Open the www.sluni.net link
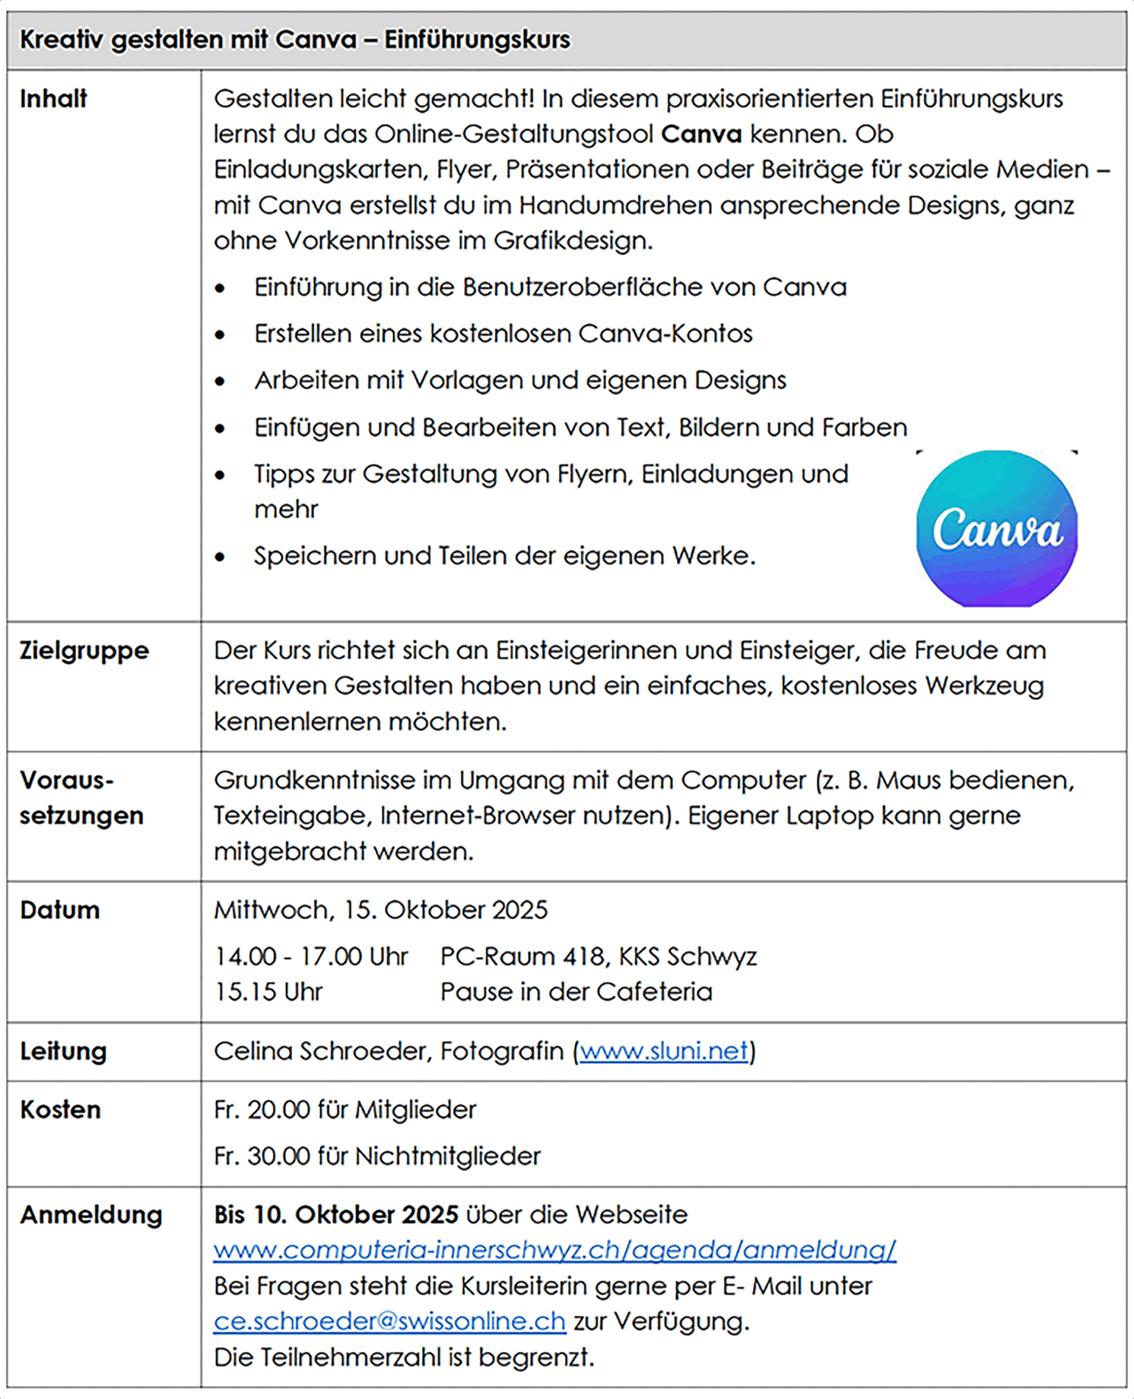664,1051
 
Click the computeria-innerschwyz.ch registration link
554,1250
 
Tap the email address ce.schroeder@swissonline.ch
389,1321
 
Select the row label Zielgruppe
84,651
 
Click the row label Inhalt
53,99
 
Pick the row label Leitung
63,1051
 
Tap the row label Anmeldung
91,1215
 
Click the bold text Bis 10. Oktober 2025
336,1215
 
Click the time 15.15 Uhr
268,992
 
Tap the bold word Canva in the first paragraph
701,134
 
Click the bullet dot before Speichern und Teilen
220,557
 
